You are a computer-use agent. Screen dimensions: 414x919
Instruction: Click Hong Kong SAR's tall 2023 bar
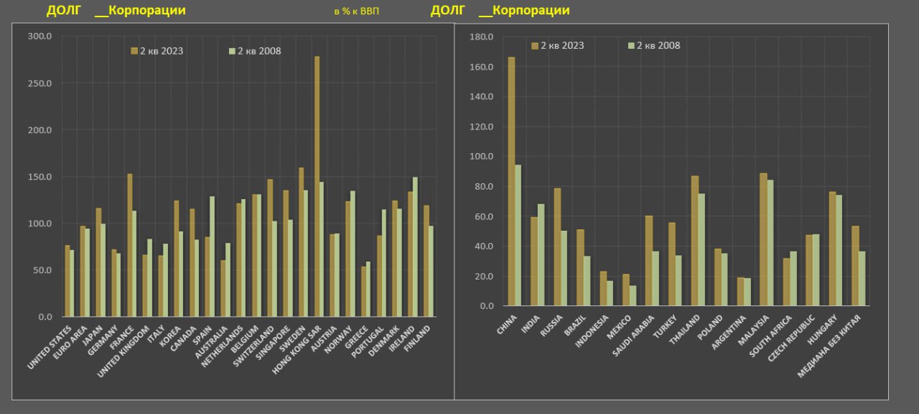click(x=317, y=187)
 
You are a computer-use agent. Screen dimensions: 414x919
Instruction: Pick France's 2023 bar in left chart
click(x=130, y=245)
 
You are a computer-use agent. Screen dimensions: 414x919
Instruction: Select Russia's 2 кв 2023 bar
click(x=557, y=247)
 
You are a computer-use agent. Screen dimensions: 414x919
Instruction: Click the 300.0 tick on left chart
click(x=40, y=37)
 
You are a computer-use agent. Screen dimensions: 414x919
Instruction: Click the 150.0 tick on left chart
click(x=40, y=177)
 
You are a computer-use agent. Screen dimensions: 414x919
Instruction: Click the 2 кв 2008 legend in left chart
click(x=255, y=51)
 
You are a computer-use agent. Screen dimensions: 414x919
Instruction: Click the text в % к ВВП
click(x=356, y=11)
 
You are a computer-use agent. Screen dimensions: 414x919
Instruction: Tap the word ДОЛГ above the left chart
click(x=62, y=11)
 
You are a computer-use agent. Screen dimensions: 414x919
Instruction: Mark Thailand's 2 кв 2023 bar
click(x=694, y=241)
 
